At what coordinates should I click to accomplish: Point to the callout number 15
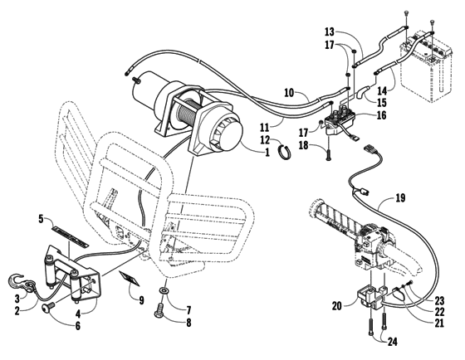tap(383, 103)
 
